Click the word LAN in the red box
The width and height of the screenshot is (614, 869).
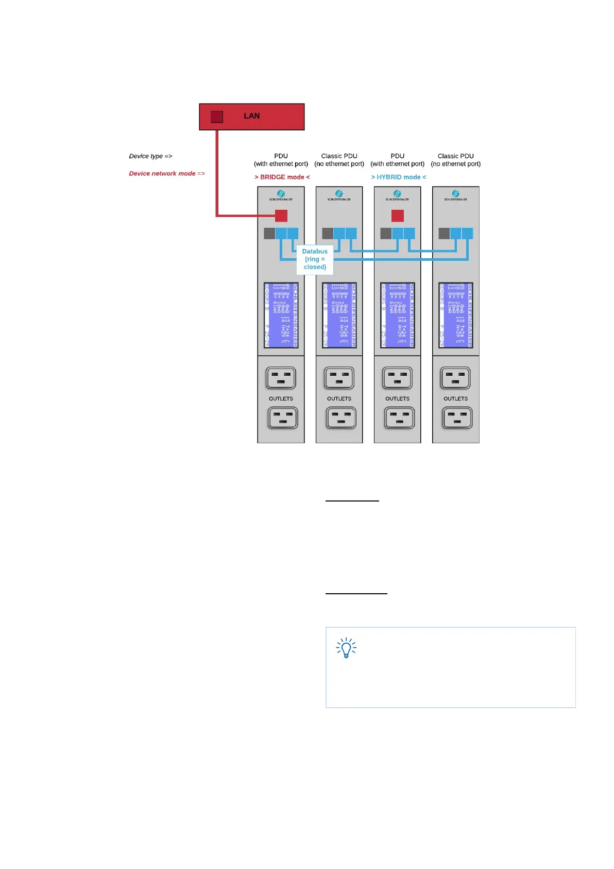pyautogui.click(x=251, y=116)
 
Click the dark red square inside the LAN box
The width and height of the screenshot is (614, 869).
pyautogui.click(x=217, y=116)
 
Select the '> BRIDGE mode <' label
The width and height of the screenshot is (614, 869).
pyautogui.click(x=282, y=177)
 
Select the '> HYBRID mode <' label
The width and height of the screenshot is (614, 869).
pyautogui.click(x=399, y=177)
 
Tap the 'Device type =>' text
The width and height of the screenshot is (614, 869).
pyautogui.click(x=150, y=156)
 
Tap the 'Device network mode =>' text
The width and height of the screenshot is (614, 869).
pyautogui.click(x=166, y=174)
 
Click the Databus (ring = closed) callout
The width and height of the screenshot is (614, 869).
pyautogui.click(x=315, y=259)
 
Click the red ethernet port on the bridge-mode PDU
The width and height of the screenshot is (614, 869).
pyautogui.click(x=281, y=215)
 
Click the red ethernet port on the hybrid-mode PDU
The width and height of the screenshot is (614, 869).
pyautogui.click(x=398, y=215)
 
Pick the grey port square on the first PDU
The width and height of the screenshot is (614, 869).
pyautogui.click(x=269, y=233)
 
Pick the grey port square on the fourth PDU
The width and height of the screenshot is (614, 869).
pyautogui.click(x=444, y=233)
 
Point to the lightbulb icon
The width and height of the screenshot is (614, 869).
pyautogui.click(x=346, y=648)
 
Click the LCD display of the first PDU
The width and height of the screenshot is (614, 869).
pyautogui.click(x=281, y=315)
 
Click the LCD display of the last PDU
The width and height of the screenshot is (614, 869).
pyautogui.click(x=455, y=315)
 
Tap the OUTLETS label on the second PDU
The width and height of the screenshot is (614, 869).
pyautogui.click(x=339, y=399)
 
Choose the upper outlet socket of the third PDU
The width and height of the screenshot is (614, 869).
pyautogui.click(x=397, y=378)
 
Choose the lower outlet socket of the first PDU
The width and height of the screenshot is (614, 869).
pyautogui.click(x=282, y=418)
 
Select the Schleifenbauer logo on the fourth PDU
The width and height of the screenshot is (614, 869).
pyautogui.click(x=455, y=195)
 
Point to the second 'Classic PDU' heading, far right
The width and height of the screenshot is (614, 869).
pyautogui.click(x=455, y=156)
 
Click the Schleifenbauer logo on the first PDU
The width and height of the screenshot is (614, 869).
pyautogui.click(x=281, y=195)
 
